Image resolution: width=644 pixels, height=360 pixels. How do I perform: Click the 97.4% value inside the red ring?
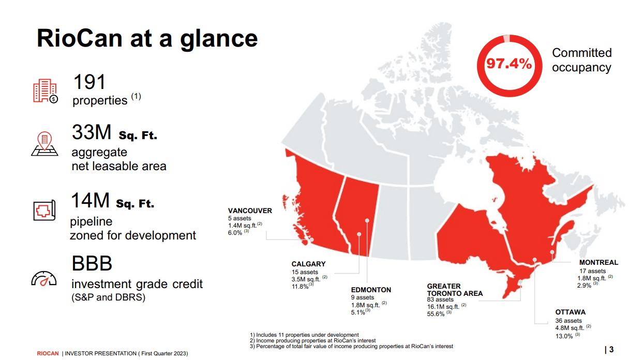508,64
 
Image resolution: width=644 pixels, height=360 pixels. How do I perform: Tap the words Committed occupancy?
581,60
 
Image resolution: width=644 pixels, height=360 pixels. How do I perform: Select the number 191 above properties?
89,82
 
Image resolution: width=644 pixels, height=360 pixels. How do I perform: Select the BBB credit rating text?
92,264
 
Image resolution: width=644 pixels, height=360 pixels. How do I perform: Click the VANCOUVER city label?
250,211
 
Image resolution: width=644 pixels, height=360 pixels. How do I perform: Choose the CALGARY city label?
308,264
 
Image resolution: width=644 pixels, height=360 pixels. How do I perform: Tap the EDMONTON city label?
371,290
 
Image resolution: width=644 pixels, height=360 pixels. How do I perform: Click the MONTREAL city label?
598,263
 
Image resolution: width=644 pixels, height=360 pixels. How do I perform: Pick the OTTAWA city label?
571,312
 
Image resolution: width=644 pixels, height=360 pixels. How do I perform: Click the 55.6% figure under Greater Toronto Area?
436,314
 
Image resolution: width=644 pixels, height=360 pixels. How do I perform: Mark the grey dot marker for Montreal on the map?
552,252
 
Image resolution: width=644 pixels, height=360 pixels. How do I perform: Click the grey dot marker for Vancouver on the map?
311,240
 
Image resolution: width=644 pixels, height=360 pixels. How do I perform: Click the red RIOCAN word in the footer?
48,354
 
